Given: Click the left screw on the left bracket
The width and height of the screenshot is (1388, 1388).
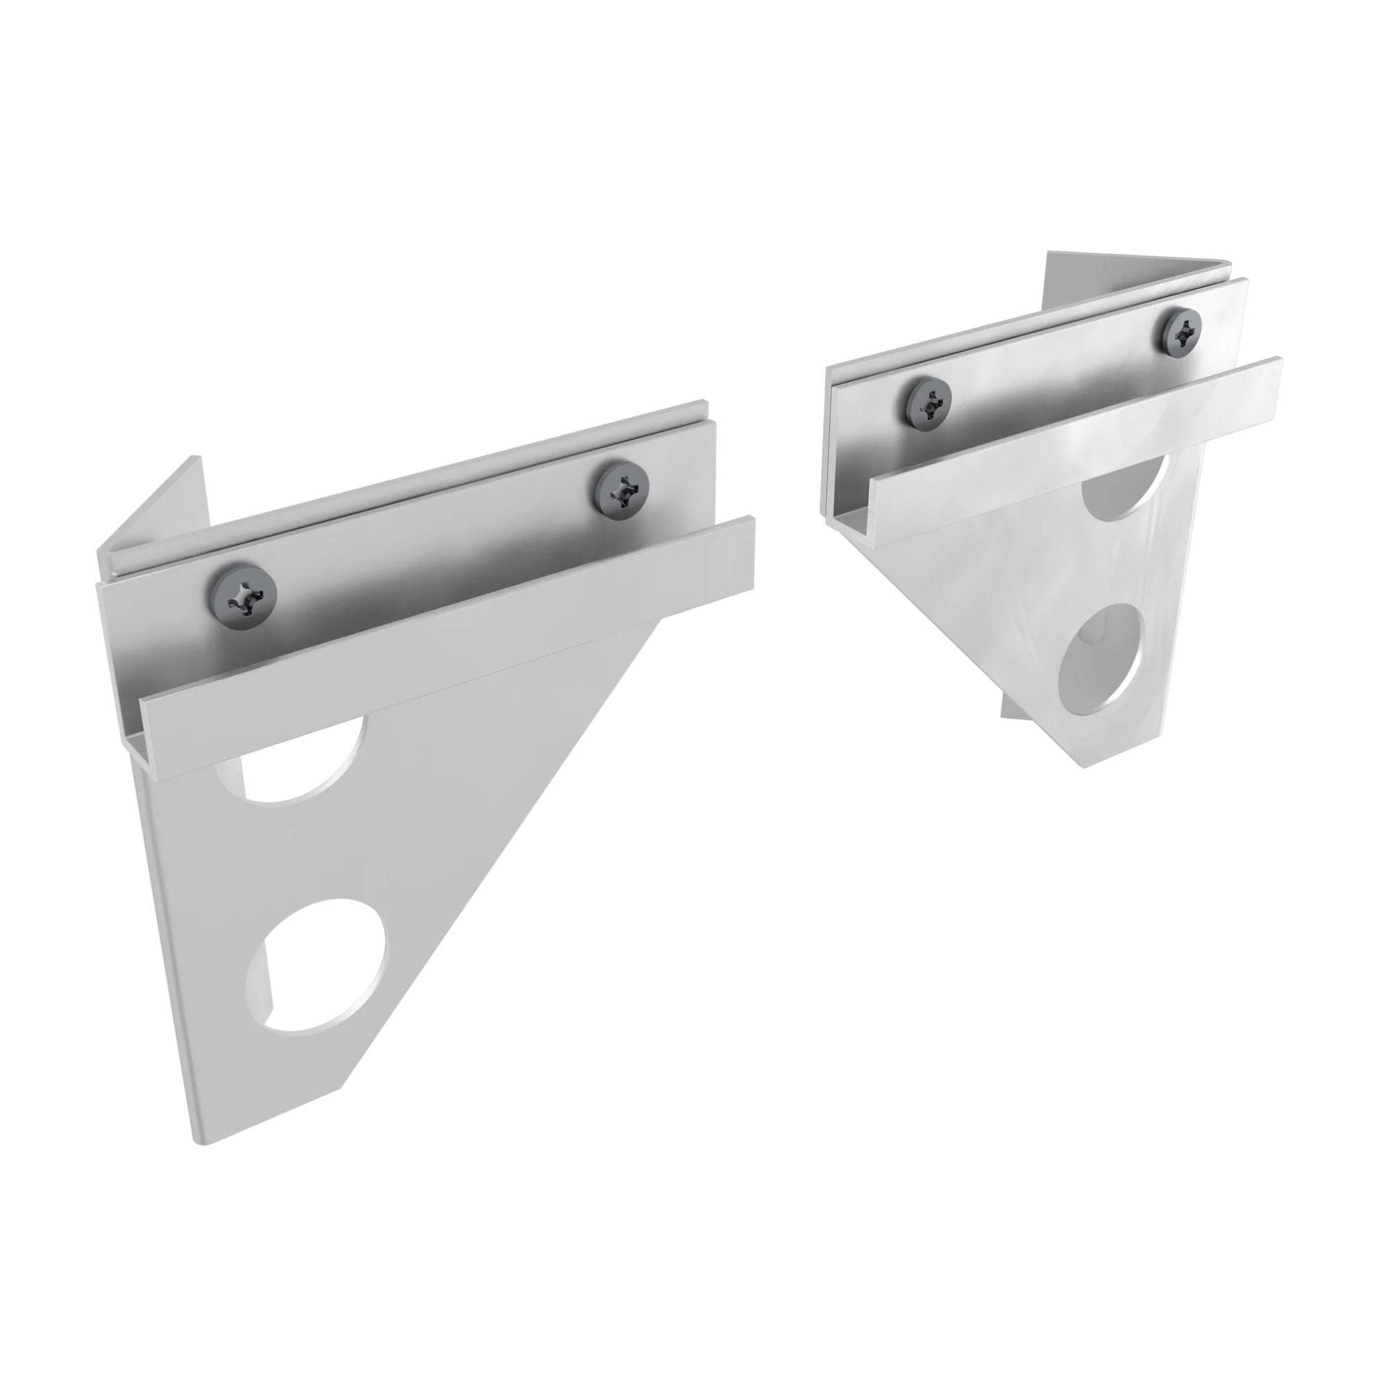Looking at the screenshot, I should (244, 598).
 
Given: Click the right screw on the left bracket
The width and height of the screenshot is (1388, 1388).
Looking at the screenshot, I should (621, 489).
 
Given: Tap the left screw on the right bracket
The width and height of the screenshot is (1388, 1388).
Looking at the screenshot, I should (930, 405).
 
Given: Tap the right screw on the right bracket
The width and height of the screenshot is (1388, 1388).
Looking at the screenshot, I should (1179, 331).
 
